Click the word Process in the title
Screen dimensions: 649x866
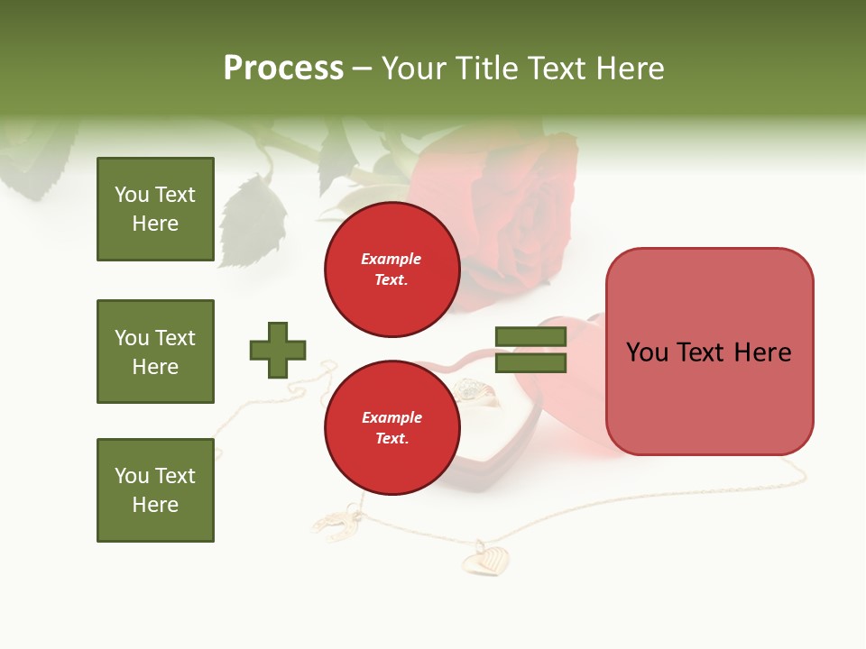click(x=283, y=69)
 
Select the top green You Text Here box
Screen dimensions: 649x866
click(x=155, y=209)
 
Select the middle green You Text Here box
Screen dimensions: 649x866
click(x=155, y=352)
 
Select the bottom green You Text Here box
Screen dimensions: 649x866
click(x=155, y=490)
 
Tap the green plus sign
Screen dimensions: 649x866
click(x=278, y=350)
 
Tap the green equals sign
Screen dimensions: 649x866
click(x=530, y=350)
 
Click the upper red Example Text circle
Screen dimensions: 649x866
click(x=392, y=270)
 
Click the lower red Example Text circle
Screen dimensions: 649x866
click(x=392, y=427)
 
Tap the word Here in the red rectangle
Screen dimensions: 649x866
click(x=762, y=352)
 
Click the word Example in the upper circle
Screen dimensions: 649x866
click(x=392, y=259)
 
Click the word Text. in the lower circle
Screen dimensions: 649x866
click(x=392, y=439)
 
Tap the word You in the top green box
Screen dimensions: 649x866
click(x=131, y=195)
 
